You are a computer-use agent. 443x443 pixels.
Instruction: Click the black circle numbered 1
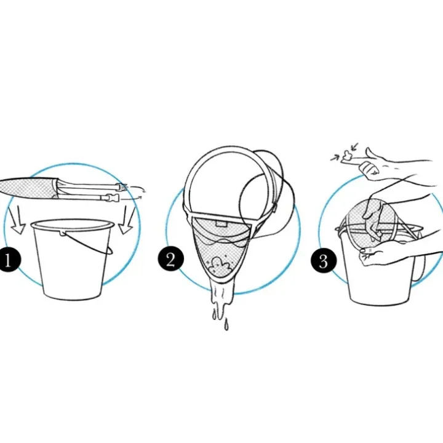coord(9,260)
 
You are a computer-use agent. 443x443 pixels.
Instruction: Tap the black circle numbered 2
coord(171,259)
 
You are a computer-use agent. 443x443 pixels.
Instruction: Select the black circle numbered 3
coord(324,260)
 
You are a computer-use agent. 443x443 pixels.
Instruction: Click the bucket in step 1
coord(73,258)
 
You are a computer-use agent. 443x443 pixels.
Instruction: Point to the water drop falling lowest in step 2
coord(226,325)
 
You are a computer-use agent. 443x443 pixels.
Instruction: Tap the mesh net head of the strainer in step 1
coord(27,187)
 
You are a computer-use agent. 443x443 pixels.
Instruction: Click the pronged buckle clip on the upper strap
coord(124,186)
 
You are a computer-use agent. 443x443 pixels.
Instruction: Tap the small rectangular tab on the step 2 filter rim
coord(221,223)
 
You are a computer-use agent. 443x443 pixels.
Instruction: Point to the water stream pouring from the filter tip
coord(221,300)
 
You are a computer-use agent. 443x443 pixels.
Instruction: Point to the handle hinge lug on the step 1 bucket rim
coord(62,233)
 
